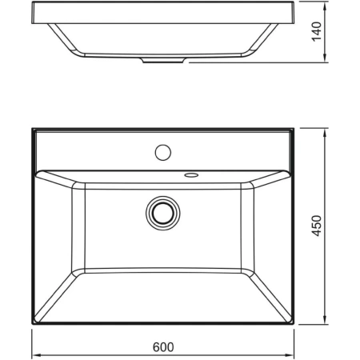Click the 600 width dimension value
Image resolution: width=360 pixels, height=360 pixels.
[x=162, y=347]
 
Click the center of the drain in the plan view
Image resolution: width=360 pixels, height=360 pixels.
[x=162, y=212]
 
